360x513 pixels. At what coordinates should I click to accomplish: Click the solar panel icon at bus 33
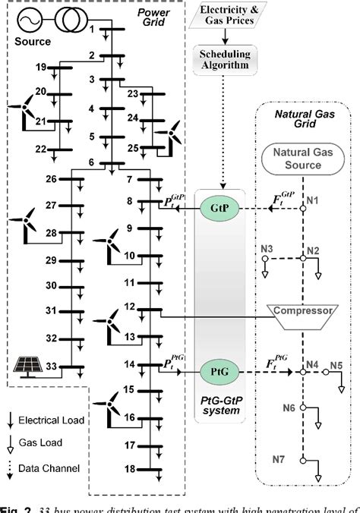[x=29, y=367]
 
